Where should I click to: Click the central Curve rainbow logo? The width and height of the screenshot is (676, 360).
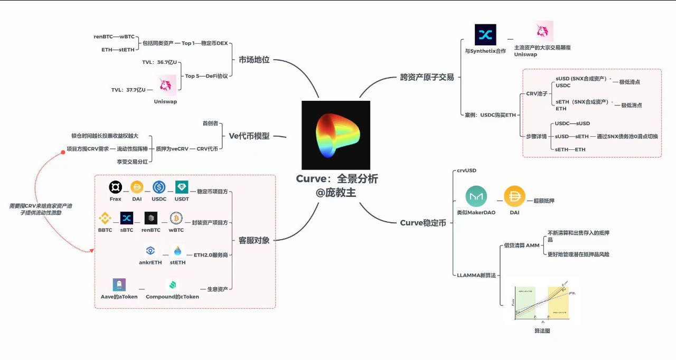[x=335, y=135]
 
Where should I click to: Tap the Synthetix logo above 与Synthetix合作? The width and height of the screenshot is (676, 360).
[x=485, y=35]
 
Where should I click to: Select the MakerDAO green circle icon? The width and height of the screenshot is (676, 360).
[x=476, y=196]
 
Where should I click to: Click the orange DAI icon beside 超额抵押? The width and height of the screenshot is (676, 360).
[x=514, y=196]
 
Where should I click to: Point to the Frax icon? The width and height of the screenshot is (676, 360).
[x=115, y=187]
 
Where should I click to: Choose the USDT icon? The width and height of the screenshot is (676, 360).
[x=182, y=187]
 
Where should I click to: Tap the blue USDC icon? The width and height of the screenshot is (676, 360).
[x=159, y=187]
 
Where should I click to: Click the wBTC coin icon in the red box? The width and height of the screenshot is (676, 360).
[x=176, y=218]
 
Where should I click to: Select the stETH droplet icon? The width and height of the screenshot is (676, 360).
[x=177, y=251]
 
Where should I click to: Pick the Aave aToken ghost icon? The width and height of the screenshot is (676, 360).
[x=119, y=285]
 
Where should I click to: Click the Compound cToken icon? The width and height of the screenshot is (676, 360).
[x=172, y=285]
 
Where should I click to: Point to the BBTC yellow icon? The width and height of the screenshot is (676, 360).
[x=105, y=218]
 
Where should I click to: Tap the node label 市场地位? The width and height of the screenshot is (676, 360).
[x=254, y=60]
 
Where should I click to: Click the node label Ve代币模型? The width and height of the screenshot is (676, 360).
[x=249, y=136]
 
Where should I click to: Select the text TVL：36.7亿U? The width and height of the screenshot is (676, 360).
[x=159, y=62]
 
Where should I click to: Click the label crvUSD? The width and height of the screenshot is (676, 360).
[x=466, y=170]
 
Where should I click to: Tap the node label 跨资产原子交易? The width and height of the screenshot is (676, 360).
[x=427, y=77]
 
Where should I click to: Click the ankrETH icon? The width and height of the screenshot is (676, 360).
[x=151, y=251]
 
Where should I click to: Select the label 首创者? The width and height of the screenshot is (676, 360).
[x=210, y=123]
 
